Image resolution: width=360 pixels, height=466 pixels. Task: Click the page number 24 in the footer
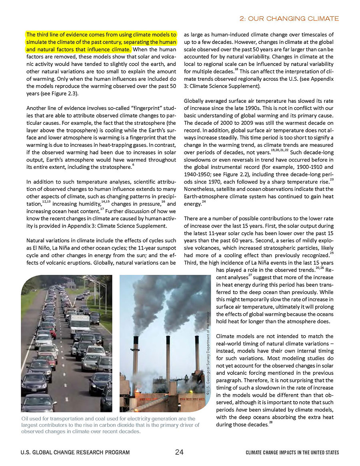click(179, 452)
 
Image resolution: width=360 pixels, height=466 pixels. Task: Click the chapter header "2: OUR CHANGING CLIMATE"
click(288, 19)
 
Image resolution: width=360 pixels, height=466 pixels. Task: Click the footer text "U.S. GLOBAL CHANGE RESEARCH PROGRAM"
click(75, 452)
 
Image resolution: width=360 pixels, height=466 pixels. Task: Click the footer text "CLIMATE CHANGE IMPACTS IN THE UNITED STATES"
click(292, 452)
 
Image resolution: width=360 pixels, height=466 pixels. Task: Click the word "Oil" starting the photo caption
click(25, 419)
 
